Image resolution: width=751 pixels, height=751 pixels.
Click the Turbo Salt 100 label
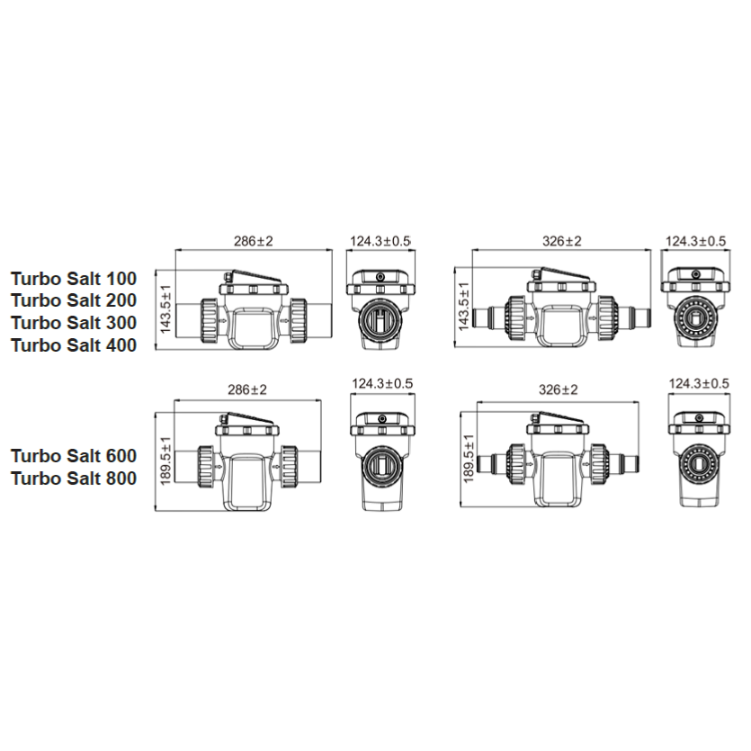point(74,278)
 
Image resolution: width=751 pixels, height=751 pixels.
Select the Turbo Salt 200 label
point(74,300)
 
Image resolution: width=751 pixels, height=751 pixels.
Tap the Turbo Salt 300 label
point(74,323)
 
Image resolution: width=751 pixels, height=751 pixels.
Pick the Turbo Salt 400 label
point(74,345)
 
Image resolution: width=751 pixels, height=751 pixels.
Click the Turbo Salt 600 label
point(74,456)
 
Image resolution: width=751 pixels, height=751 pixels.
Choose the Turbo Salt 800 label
point(74,478)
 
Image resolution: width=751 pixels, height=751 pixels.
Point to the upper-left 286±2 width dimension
point(254,240)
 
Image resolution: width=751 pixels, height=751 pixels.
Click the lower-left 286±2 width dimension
point(247,389)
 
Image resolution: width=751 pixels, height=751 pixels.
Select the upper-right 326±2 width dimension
point(562,240)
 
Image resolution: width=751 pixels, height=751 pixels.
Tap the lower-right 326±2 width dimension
point(559,389)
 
